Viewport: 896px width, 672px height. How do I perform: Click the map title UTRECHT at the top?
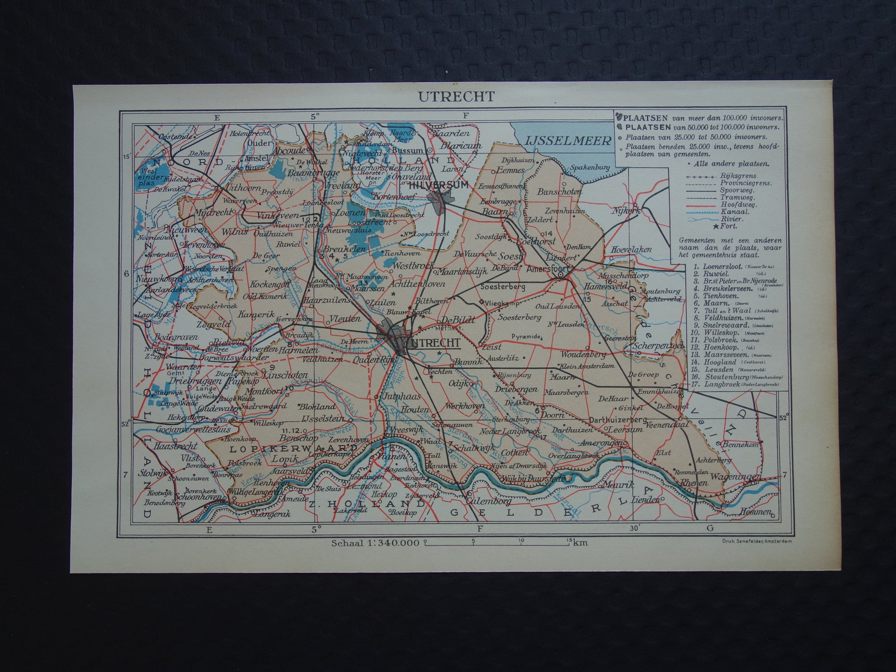[x=450, y=97]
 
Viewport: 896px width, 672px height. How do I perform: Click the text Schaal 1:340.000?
[x=375, y=543]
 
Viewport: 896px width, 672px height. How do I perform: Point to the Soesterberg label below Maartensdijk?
[x=502, y=286]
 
